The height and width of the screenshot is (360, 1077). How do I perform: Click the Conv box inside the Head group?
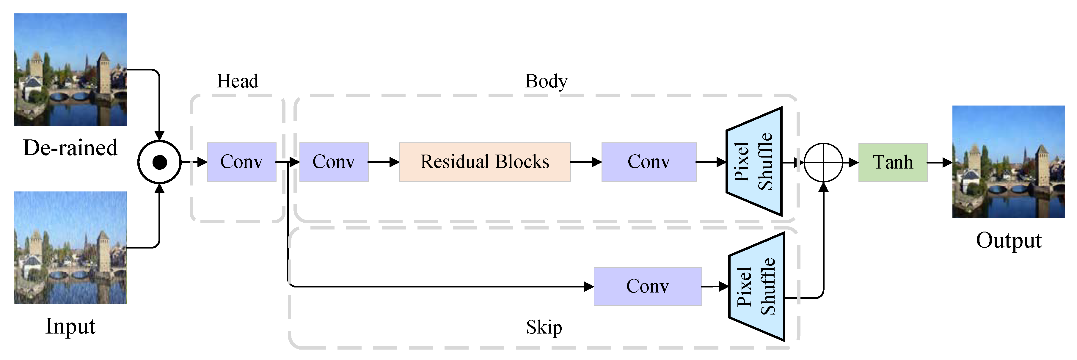tap(242, 162)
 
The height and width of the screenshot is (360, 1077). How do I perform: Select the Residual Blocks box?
tap(485, 162)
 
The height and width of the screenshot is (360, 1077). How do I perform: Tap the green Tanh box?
tap(893, 162)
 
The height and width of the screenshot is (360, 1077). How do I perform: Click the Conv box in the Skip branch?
tap(647, 286)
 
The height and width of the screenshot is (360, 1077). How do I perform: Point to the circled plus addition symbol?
tap(823, 162)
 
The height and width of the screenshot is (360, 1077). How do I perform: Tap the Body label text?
tap(546, 81)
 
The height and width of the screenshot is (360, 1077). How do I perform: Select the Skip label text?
tap(544, 327)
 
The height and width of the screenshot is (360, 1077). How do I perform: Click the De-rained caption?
tap(70, 147)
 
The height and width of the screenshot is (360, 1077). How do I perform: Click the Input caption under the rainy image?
tap(70, 326)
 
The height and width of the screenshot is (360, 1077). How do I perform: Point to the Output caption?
tap(1008, 240)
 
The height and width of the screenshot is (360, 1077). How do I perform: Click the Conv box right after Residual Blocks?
tap(649, 162)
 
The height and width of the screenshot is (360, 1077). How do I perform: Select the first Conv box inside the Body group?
tap(334, 162)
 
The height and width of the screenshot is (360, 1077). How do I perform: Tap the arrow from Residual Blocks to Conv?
tap(585, 162)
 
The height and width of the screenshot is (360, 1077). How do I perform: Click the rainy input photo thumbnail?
tap(70, 248)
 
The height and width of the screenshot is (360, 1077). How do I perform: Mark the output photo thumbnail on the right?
tap(1008, 162)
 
